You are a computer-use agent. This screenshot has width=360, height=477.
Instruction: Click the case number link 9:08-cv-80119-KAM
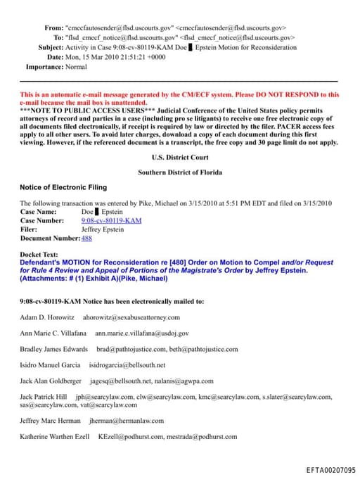(111, 220)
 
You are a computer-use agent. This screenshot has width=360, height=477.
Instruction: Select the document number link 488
(86, 238)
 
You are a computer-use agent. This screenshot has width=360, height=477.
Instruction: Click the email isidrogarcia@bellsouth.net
(127, 365)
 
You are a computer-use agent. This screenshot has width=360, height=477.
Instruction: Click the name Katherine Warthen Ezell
(55, 436)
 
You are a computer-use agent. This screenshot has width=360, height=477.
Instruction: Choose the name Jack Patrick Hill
(44, 397)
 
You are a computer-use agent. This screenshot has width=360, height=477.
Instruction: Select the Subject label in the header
(51, 47)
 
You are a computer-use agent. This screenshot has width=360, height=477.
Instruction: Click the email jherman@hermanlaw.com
(126, 421)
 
